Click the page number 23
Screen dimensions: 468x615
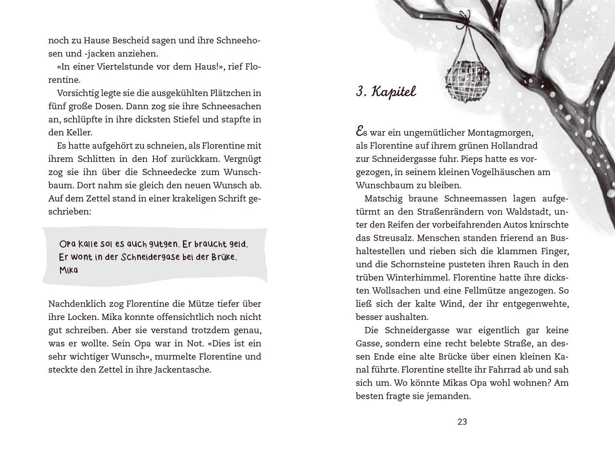(x=462, y=422)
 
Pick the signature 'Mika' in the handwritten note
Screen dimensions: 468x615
(x=69, y=270)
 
